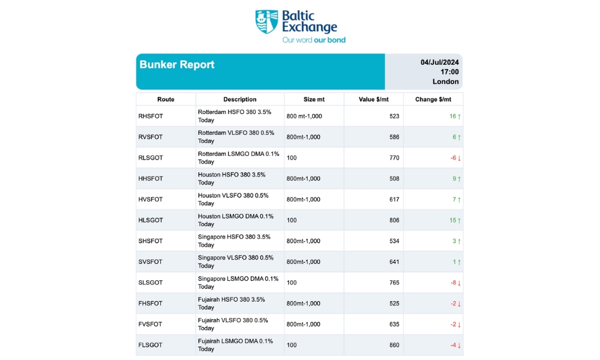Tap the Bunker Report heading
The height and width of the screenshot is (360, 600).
tap(177, 65)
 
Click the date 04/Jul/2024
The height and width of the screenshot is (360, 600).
tap(440, 62)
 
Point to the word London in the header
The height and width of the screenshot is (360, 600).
tap(445, 82)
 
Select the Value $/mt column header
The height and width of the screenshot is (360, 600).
tap(373, 100)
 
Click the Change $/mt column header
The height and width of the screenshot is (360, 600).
tap(433, 100)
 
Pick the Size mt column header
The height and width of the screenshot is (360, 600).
tap(314, 100)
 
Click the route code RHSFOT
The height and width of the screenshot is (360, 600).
tap(150, 116)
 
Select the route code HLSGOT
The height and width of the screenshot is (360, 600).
tap(151, 220)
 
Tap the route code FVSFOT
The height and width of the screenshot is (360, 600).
tap(150, 324)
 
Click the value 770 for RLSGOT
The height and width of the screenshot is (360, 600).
tap(394, 158)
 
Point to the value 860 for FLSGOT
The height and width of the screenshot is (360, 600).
tap(394, 345)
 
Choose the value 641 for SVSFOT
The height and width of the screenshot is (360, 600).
tap(394, 262)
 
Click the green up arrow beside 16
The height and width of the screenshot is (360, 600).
tap(459, 116)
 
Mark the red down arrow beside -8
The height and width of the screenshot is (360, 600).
tap(459, 283)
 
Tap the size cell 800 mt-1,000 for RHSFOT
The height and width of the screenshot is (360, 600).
tap(304, 116)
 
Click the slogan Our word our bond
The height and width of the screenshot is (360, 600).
tap(314, 40)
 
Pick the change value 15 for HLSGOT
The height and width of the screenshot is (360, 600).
tap(452, 220)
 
